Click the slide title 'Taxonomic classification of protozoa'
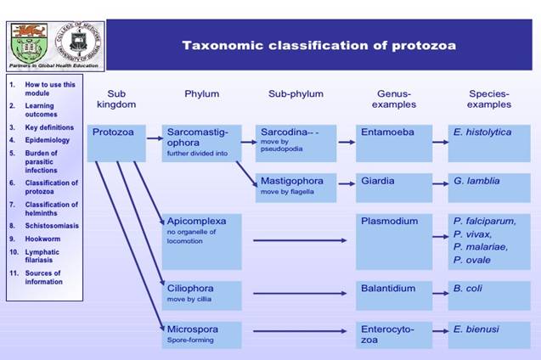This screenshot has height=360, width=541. click(x=318, y=45)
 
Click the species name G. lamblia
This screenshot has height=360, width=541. click(x=476, y=181)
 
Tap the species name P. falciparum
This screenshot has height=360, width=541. click(x=482, y=221)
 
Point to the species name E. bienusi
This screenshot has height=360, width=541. click(x=476, y=328)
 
